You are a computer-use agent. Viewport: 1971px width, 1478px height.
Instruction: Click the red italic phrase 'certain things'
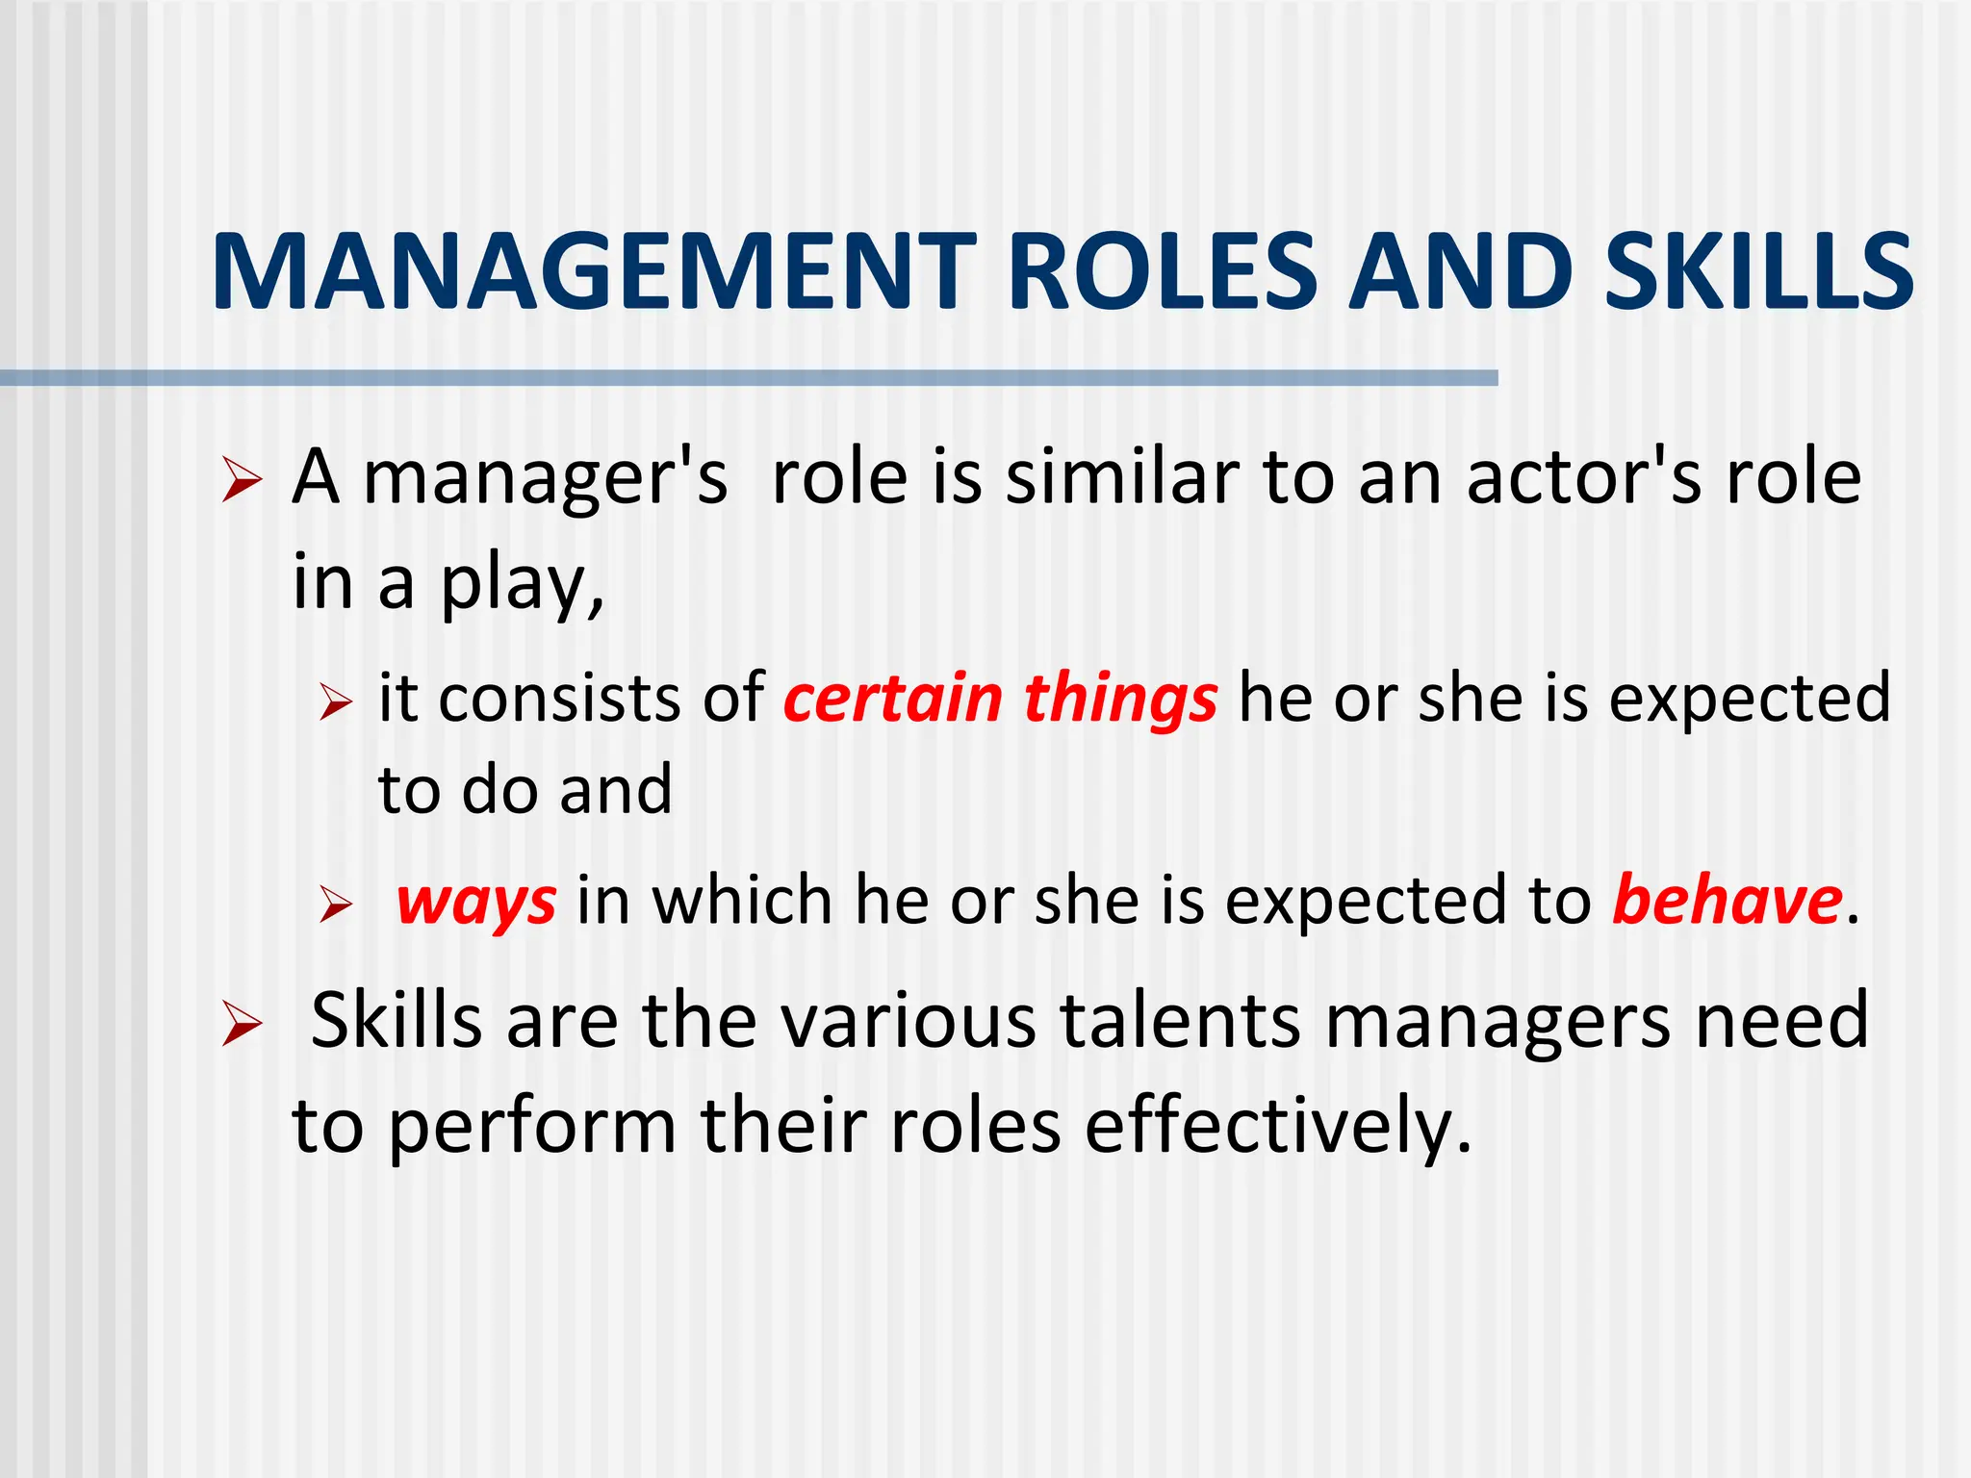coord(1001,698)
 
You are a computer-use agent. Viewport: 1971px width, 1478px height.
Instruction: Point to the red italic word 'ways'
coord(476,903)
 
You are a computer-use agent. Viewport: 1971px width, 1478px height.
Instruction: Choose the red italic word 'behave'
coord(1728,901)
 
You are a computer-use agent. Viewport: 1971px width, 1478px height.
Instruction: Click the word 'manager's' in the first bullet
coord(546,477)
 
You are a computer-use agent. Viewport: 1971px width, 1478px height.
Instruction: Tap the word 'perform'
coord(533,1126)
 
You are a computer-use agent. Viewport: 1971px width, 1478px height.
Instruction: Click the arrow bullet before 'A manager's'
coord(241,478)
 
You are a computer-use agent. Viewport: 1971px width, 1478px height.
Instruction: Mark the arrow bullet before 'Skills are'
coord(241,1023)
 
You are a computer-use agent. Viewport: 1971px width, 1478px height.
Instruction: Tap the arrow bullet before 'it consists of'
coord(336,701)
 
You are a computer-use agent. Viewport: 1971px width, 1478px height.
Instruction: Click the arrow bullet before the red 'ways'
coord(336,905)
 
